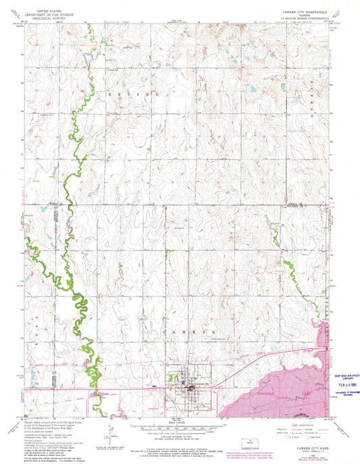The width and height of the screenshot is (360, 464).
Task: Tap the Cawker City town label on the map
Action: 201,384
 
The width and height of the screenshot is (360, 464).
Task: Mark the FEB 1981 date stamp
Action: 339,378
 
